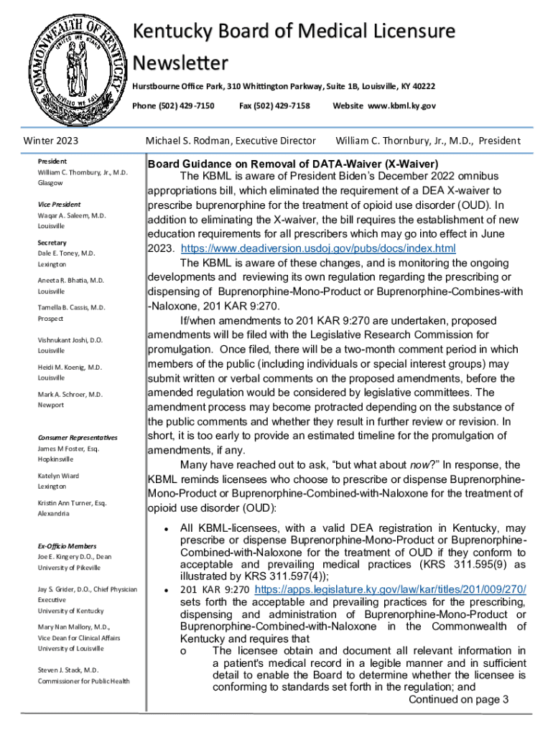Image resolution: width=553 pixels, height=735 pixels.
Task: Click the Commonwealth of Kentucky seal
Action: click(x=74, y=73)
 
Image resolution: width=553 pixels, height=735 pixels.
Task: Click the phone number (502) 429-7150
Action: click(x=173, y=106)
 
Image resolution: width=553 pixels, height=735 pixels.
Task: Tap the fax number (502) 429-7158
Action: click(x=274, y=106)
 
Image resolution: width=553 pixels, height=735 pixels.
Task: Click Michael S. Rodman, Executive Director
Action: click(x=231, y=140)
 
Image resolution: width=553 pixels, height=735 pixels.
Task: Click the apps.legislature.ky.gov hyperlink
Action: click(x=391, y=589)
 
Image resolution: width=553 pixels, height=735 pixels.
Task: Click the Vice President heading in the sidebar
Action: click(x=60, y=205)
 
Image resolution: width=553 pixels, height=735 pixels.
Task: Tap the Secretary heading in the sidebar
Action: click(x=52, y=243)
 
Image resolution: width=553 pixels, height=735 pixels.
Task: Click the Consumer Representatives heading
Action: click(x=78, y=437)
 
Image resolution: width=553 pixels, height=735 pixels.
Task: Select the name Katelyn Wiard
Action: click(x=59, y=476)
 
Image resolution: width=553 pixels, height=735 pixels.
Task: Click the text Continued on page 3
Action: click(x=458, y=700)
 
